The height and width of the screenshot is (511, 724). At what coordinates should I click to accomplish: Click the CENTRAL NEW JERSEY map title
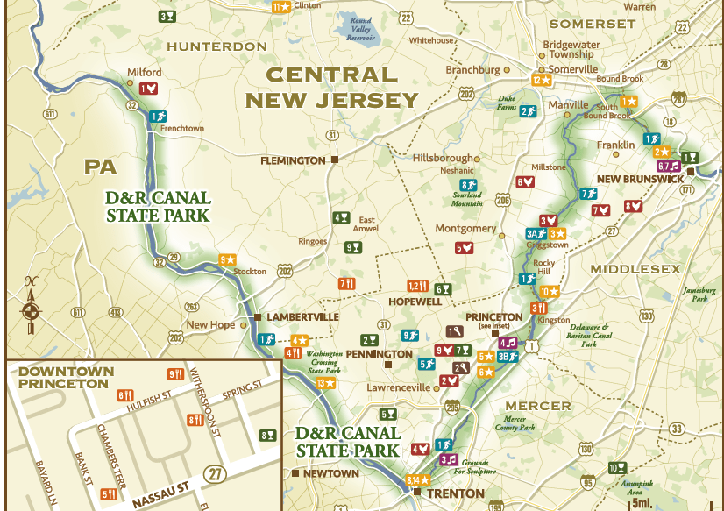tap(332, 88)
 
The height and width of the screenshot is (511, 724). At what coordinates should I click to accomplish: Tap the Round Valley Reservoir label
tap(360, 27)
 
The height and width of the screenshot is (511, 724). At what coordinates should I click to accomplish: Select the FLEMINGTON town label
tap(293, 160)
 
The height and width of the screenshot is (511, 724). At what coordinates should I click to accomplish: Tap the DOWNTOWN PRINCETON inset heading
tap(66, 378)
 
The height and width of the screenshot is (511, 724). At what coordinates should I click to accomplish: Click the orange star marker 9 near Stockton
tap(226, 259)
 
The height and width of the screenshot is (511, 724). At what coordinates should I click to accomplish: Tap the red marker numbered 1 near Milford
tap(147, 89)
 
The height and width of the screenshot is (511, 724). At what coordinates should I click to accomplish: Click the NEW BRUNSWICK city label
tap(639, 180)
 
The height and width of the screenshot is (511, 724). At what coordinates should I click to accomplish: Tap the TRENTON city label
tap(455, 493)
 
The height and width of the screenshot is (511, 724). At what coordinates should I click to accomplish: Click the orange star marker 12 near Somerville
tap(541, 80)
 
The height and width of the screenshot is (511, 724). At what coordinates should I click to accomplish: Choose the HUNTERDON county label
tap(216, 46)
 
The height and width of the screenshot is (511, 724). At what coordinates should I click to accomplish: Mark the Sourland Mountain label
tap(467, 199)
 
